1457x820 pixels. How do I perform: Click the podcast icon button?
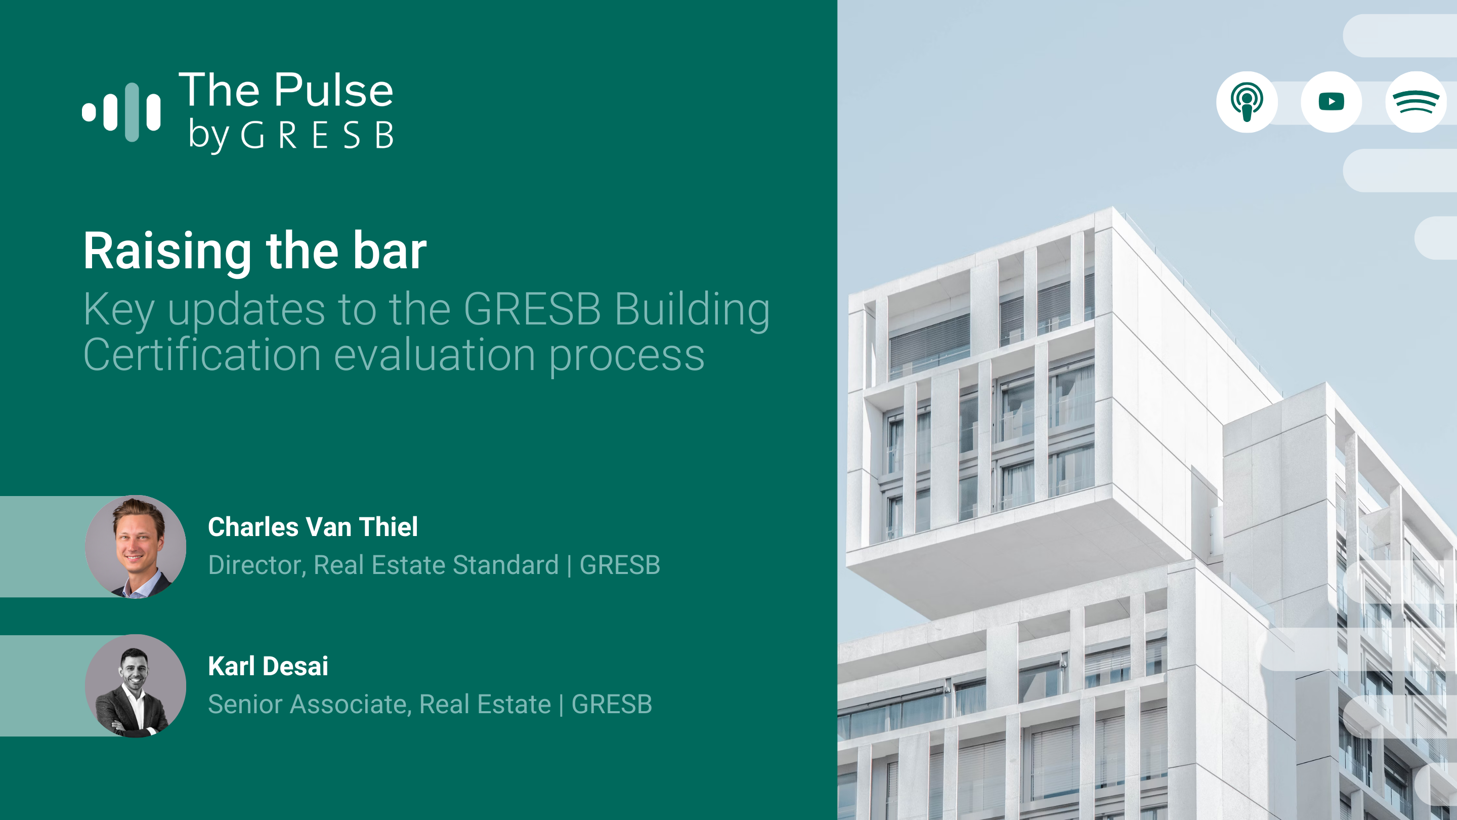(x=1247, y=102)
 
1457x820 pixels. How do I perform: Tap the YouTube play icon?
(x=1332, y=102)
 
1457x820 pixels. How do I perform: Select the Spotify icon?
(x=1416, y=102)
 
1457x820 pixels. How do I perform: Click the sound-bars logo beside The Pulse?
(x=121, y=112)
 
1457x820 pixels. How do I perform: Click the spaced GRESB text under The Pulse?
(x=317, y=136)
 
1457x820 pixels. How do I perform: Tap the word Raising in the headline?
(x=167, y=252)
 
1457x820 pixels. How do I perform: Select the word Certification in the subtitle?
(x=202, y=355)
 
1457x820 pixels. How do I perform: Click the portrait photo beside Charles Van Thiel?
(x=136, y=547)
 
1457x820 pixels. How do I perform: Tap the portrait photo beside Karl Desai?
(x=136, y=685)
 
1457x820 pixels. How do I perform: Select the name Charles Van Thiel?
(x=313, y=527)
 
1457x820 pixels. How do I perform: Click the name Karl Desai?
(x=268, y=666)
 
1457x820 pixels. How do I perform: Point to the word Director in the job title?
(x=258, y=565)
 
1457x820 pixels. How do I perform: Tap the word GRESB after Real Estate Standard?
(x=620, y=565)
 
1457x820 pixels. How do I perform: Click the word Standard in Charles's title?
(x=506, y=565)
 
